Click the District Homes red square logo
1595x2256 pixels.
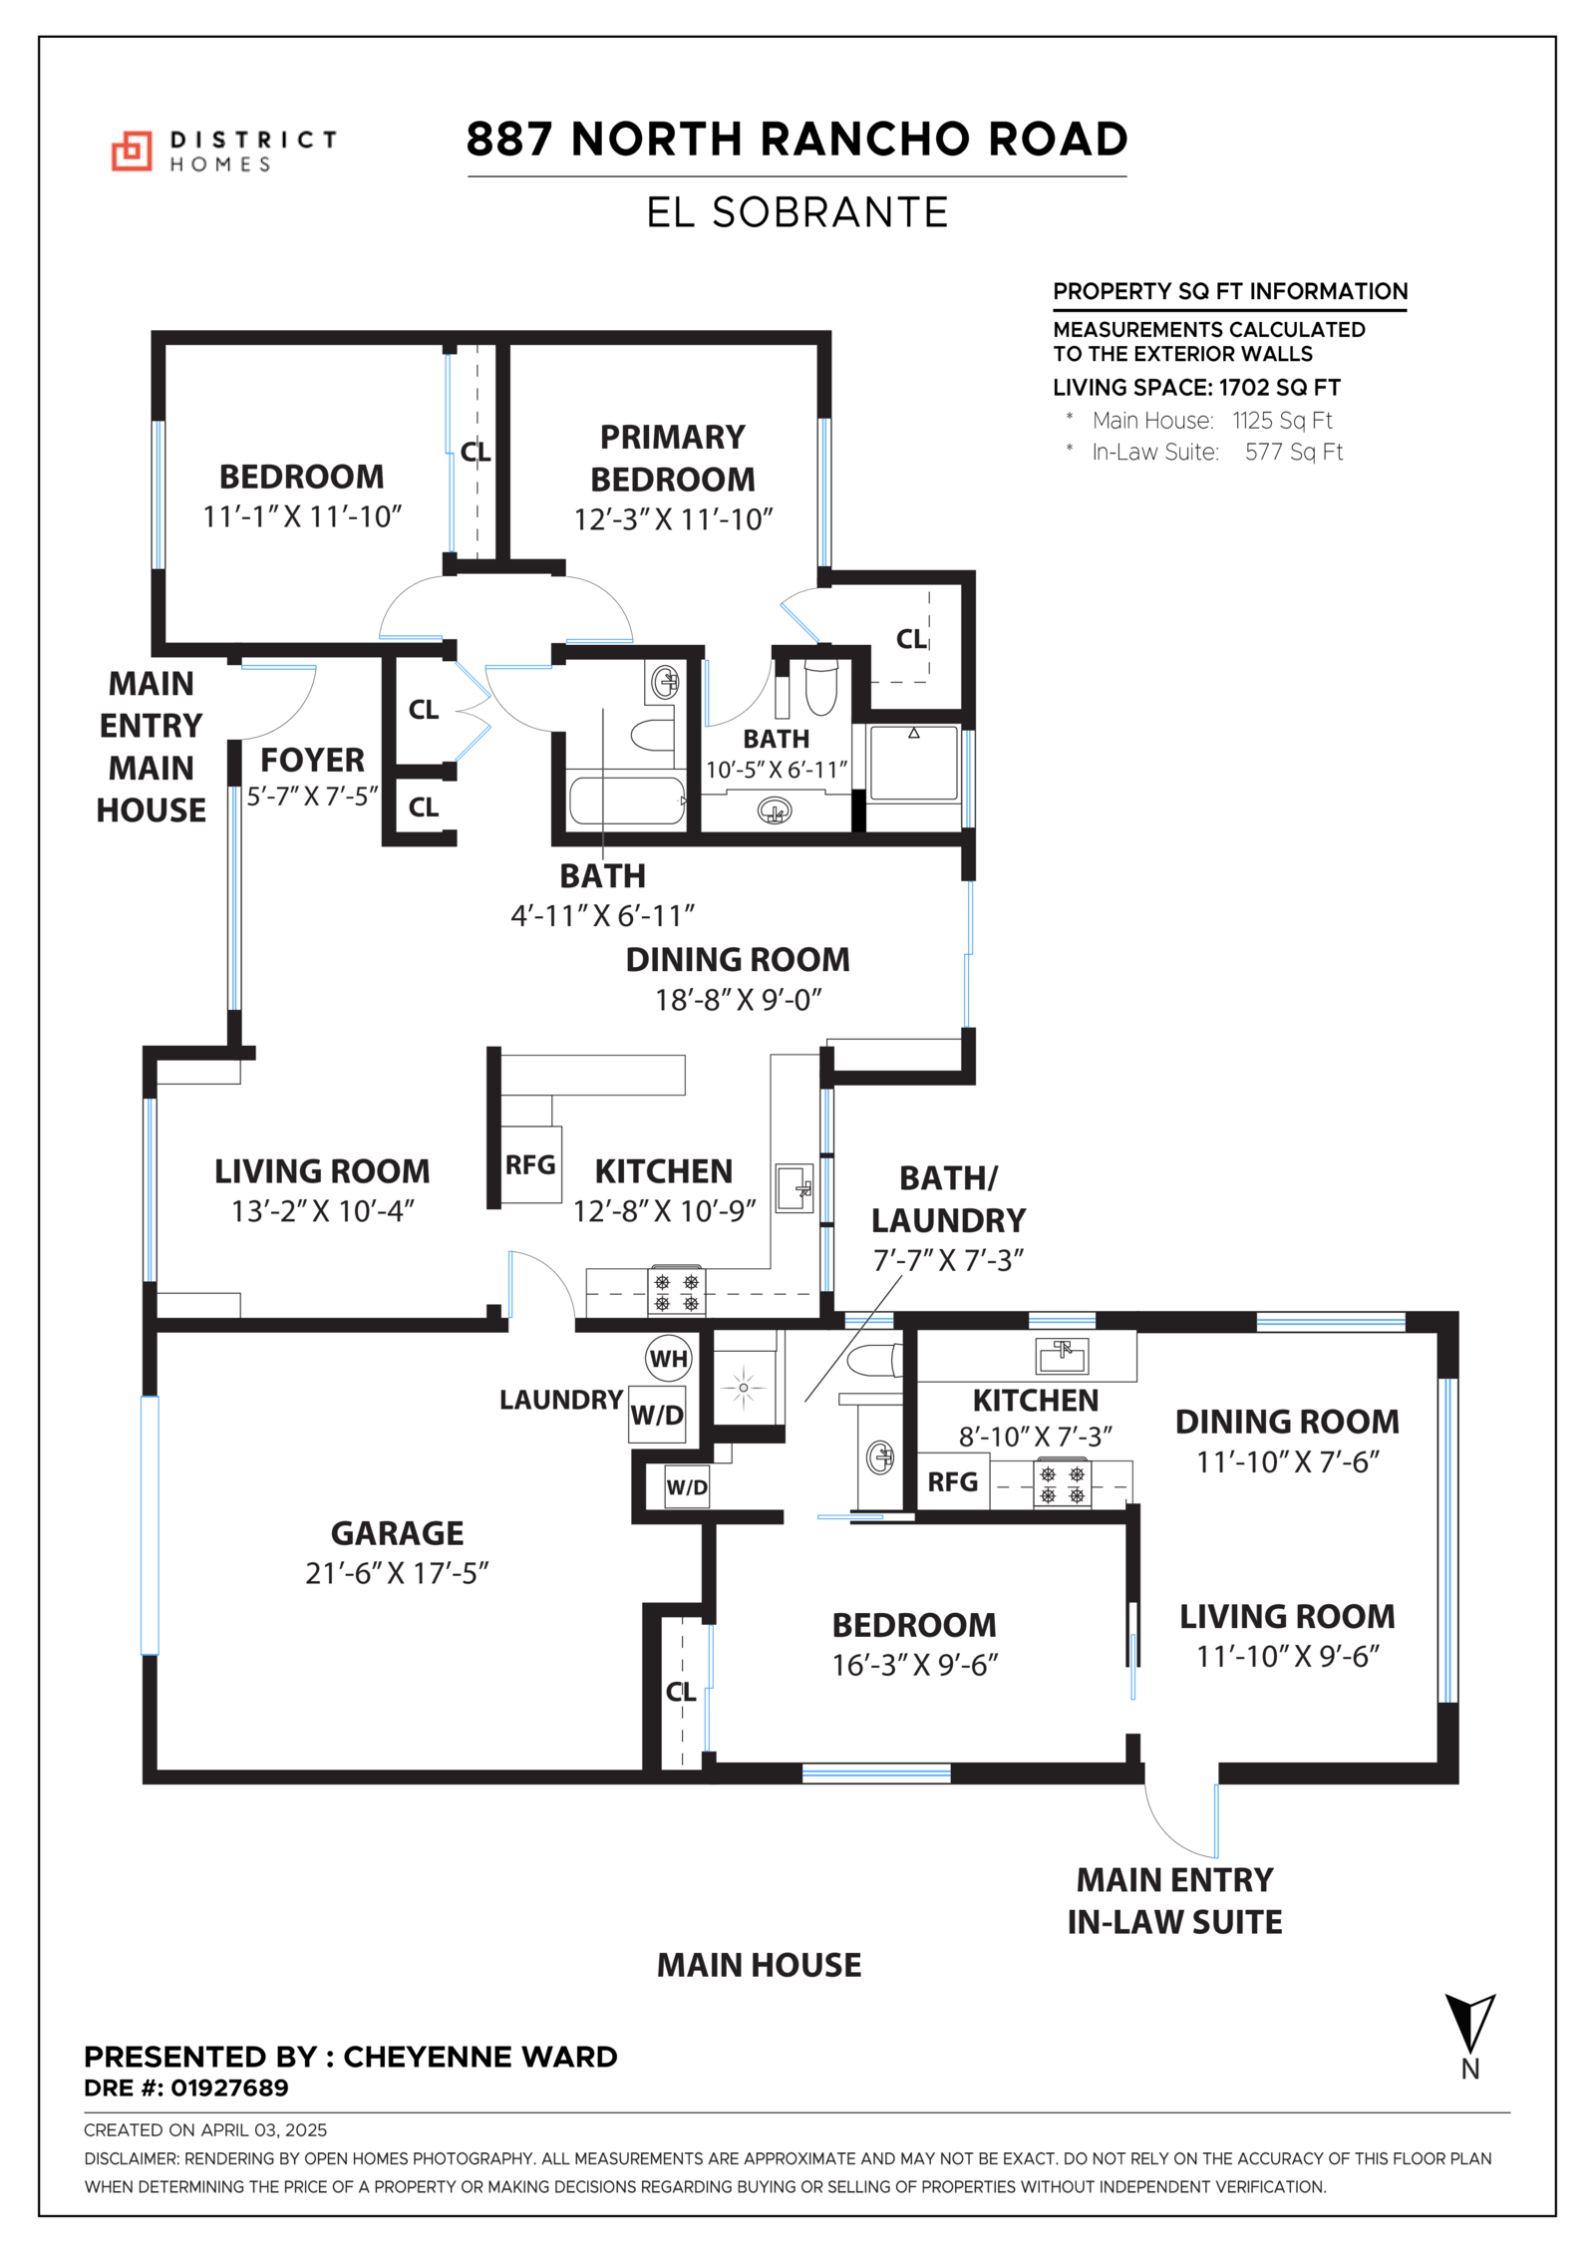(131, 151)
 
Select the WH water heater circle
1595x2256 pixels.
(668, 1358)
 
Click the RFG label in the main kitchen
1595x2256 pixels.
(530, 1164)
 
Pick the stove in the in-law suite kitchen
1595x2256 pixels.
(1062, 1482)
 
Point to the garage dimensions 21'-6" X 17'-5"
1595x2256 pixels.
(397, 1573)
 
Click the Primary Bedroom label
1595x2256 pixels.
(673, 458)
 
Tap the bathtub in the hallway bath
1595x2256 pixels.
(626, 801)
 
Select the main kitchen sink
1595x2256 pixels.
(795, 1187)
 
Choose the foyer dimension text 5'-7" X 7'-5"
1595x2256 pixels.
(313, 796)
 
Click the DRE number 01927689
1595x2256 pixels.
(229, 2088)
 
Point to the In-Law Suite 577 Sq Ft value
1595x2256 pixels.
(1293, 452)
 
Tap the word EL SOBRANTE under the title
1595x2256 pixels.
(797, 212)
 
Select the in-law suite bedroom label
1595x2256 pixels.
(914, 1625)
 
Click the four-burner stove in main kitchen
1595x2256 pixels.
(677, 1291)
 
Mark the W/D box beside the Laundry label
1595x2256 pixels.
(657, 1414)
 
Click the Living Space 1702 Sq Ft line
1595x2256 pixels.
(1196, 388)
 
